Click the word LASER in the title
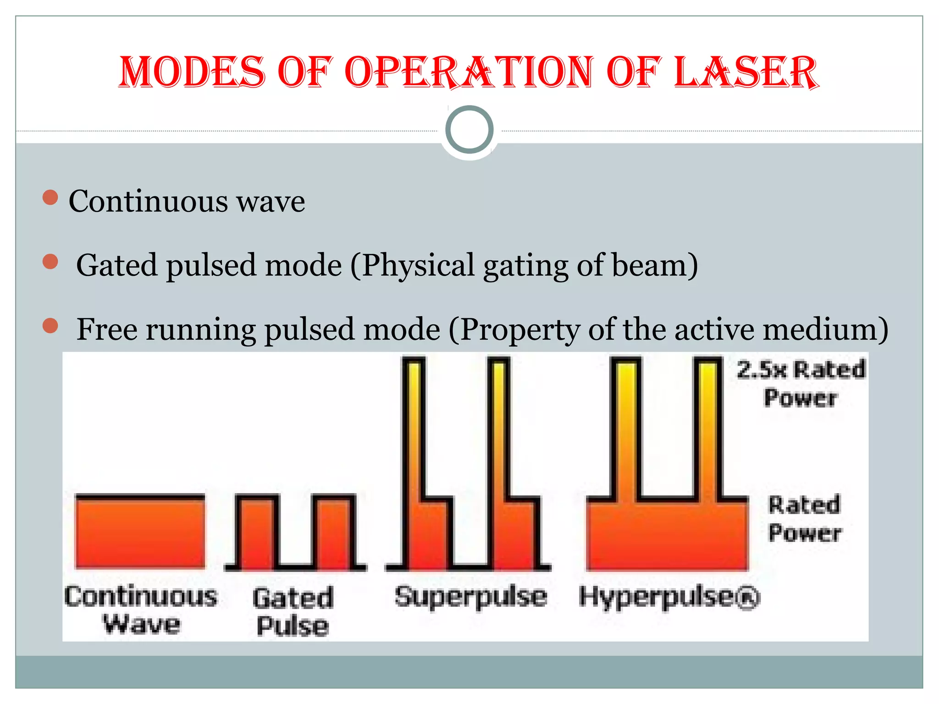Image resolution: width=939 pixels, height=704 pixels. (x=746, y=72)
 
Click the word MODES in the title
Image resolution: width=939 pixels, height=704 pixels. (x=192, y=72)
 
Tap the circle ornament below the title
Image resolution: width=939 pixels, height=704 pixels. (x=469, y=130)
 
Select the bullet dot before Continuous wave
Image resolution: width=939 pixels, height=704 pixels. (x=50, y=198)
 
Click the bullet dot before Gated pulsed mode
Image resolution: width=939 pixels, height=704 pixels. (x=50, y=262)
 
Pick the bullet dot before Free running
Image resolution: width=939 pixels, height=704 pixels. (x=50, y=326)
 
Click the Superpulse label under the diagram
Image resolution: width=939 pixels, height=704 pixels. (x=471, y=597)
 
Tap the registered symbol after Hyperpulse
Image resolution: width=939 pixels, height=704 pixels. (x=749, y=599)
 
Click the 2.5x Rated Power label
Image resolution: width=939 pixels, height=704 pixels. (x=801, y=383)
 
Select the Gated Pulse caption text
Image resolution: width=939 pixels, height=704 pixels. (x=293, y=612)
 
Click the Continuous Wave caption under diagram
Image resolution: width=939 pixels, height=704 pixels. (x=141, y=610)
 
